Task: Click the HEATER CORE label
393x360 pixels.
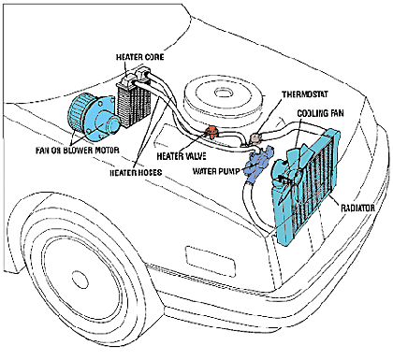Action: point(139,57)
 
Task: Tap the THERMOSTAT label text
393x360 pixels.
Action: point(305,94)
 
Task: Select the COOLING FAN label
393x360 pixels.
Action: point(320,113)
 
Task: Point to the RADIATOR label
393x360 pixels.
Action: point(357,208)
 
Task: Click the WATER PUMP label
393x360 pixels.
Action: point(216,171)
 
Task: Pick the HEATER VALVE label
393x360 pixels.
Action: point(182,156)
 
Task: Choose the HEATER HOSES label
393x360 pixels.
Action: point(136,172)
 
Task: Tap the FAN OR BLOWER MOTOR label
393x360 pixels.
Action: point(78,151)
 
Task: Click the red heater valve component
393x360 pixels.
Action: point(212,132)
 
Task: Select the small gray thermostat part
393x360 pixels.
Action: point(255,137)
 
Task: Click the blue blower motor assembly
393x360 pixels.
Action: point(94,117)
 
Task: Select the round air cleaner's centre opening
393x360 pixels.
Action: point(224,93)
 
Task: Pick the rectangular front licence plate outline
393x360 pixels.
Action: point(210,261)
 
